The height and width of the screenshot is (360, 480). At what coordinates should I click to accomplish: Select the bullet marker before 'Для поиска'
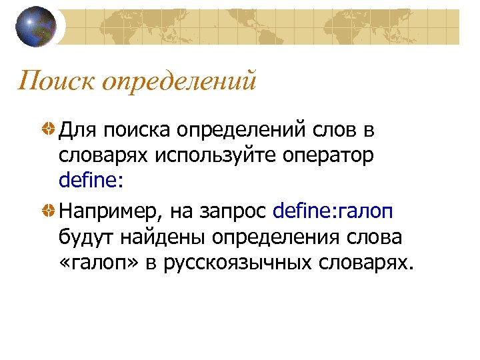(x=49, y=129)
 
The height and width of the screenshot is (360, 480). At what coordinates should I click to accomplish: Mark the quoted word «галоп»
(x=94, y=263)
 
